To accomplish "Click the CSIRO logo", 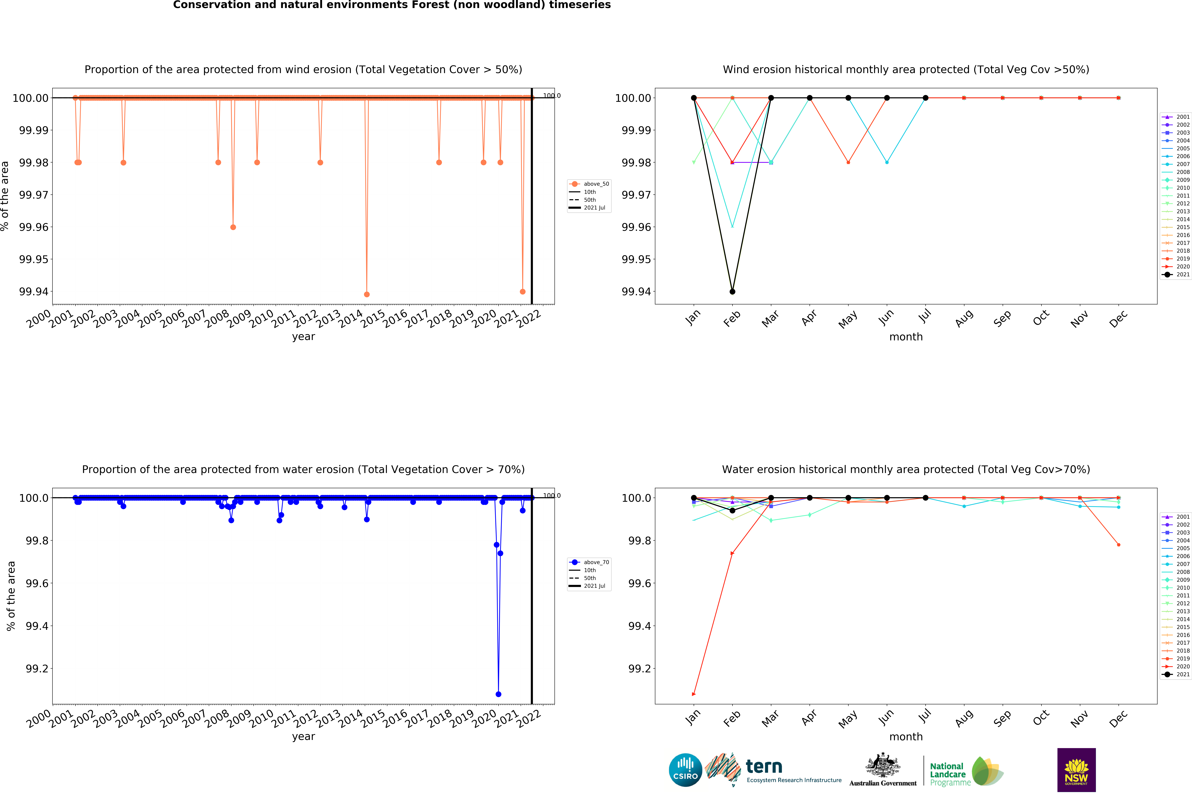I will (x=685, y=770).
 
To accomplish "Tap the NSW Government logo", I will (x=1076, y=770).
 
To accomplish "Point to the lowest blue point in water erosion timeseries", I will (x=498, y=694).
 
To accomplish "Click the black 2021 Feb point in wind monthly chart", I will (x=732, y=292).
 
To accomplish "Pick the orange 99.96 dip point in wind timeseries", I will (x=233, y=227).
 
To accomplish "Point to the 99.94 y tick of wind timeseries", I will (x=34, y=292).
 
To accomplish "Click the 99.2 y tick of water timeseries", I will (x=37, y=669).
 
